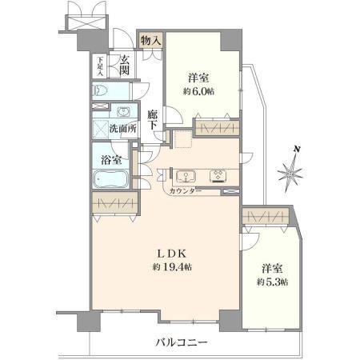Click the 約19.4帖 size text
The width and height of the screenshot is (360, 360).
[171, 267]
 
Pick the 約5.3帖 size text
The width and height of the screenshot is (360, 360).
[272, 282]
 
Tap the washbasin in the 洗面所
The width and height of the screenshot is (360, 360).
[122, 111]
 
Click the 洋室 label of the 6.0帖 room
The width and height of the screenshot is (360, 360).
[200, 78]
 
